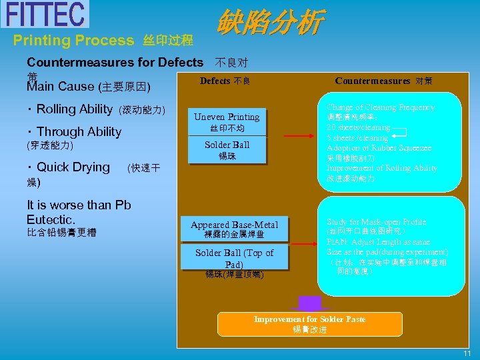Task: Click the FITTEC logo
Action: pyautogui.click(x=45, y=14)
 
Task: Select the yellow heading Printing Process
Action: pyautogui.click(x=74, y=41)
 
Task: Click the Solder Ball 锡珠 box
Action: pyautogui.click(x=227, y=149)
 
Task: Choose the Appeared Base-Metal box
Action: pyautogui.click(x=234, y=229)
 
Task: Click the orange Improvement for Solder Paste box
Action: pyautogui.click(x=309, y=324)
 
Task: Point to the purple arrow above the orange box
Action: pyautogui.click(x=309, y=303)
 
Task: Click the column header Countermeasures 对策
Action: pyautogui.click(x=383, y=81)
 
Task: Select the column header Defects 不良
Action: pyautogui.click(x=225, y=81)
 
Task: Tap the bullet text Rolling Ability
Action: pyautogui.click(x=74, y=109)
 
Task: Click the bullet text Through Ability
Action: pyautogui.click(x=78, y=132)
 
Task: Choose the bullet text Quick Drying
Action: pyautogui.click(x=73, y=167)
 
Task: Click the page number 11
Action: pyautogui.click(x=467, y=353)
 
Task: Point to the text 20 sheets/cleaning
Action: pyautogui.click(x=358, y=127)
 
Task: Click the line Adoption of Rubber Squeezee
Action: pyautogui.click(x=379, y=148)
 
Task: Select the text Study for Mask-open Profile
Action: pyautogui.click(x=376, y=222)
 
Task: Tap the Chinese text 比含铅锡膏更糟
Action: pyautogui.click(x=61, y=233)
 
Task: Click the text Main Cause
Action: pyautogui.click(x=60, y=87)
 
